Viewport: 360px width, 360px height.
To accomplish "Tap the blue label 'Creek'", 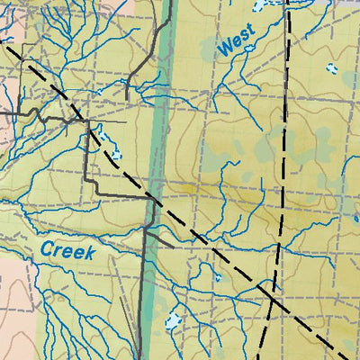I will pos(67,250).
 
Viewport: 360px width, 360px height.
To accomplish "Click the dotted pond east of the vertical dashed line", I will pos(331,67).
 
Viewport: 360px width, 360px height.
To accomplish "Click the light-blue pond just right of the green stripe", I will pos(172,319).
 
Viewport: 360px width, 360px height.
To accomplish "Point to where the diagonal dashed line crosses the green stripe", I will pos(155,200).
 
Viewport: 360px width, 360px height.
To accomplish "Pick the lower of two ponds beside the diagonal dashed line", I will pos(114,154).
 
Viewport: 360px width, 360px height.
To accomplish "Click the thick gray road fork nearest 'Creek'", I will pos(145,229).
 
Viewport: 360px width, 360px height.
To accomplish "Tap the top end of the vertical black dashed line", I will pos(288,2).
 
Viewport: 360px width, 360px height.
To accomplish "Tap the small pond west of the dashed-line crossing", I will pos(219,277).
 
